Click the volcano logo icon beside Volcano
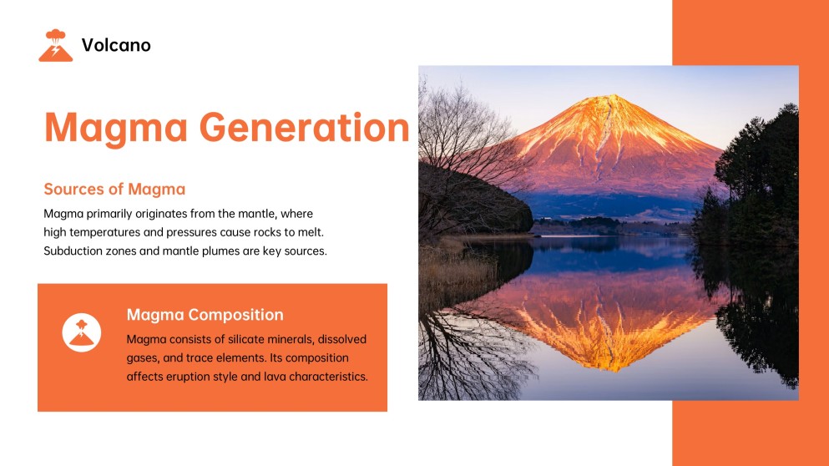pyautogui.click(x=56, y=45)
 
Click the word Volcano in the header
pyautogui.click(x=116, y=45)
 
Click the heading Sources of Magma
pyautogui.click(x=114, y=189)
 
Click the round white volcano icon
pyautogui.click(x=81, y=332)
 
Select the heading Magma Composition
pyautogui.click(x=205, y=315)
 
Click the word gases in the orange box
pyautogui.click(x=143, y=358)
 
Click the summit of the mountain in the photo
pyautogui.click(x=615, y=99)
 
